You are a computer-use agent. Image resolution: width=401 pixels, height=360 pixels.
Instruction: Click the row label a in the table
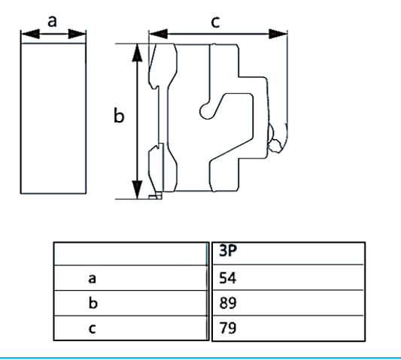click(93, 279)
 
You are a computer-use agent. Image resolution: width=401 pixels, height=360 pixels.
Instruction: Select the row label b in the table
click(93, 303)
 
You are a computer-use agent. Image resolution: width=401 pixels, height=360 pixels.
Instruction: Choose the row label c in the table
click(93, 328)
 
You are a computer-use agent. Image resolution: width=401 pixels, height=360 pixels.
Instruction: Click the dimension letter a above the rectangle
click(53, 21)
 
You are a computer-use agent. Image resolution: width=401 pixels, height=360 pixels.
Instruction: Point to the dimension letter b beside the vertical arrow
click(118, 116)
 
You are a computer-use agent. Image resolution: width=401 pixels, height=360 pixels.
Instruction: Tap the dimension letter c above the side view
click(215, 22)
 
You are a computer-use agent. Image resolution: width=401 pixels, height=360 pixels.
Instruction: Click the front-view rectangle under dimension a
click(54, 116)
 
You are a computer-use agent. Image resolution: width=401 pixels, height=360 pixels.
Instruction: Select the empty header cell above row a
click(129, 253)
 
